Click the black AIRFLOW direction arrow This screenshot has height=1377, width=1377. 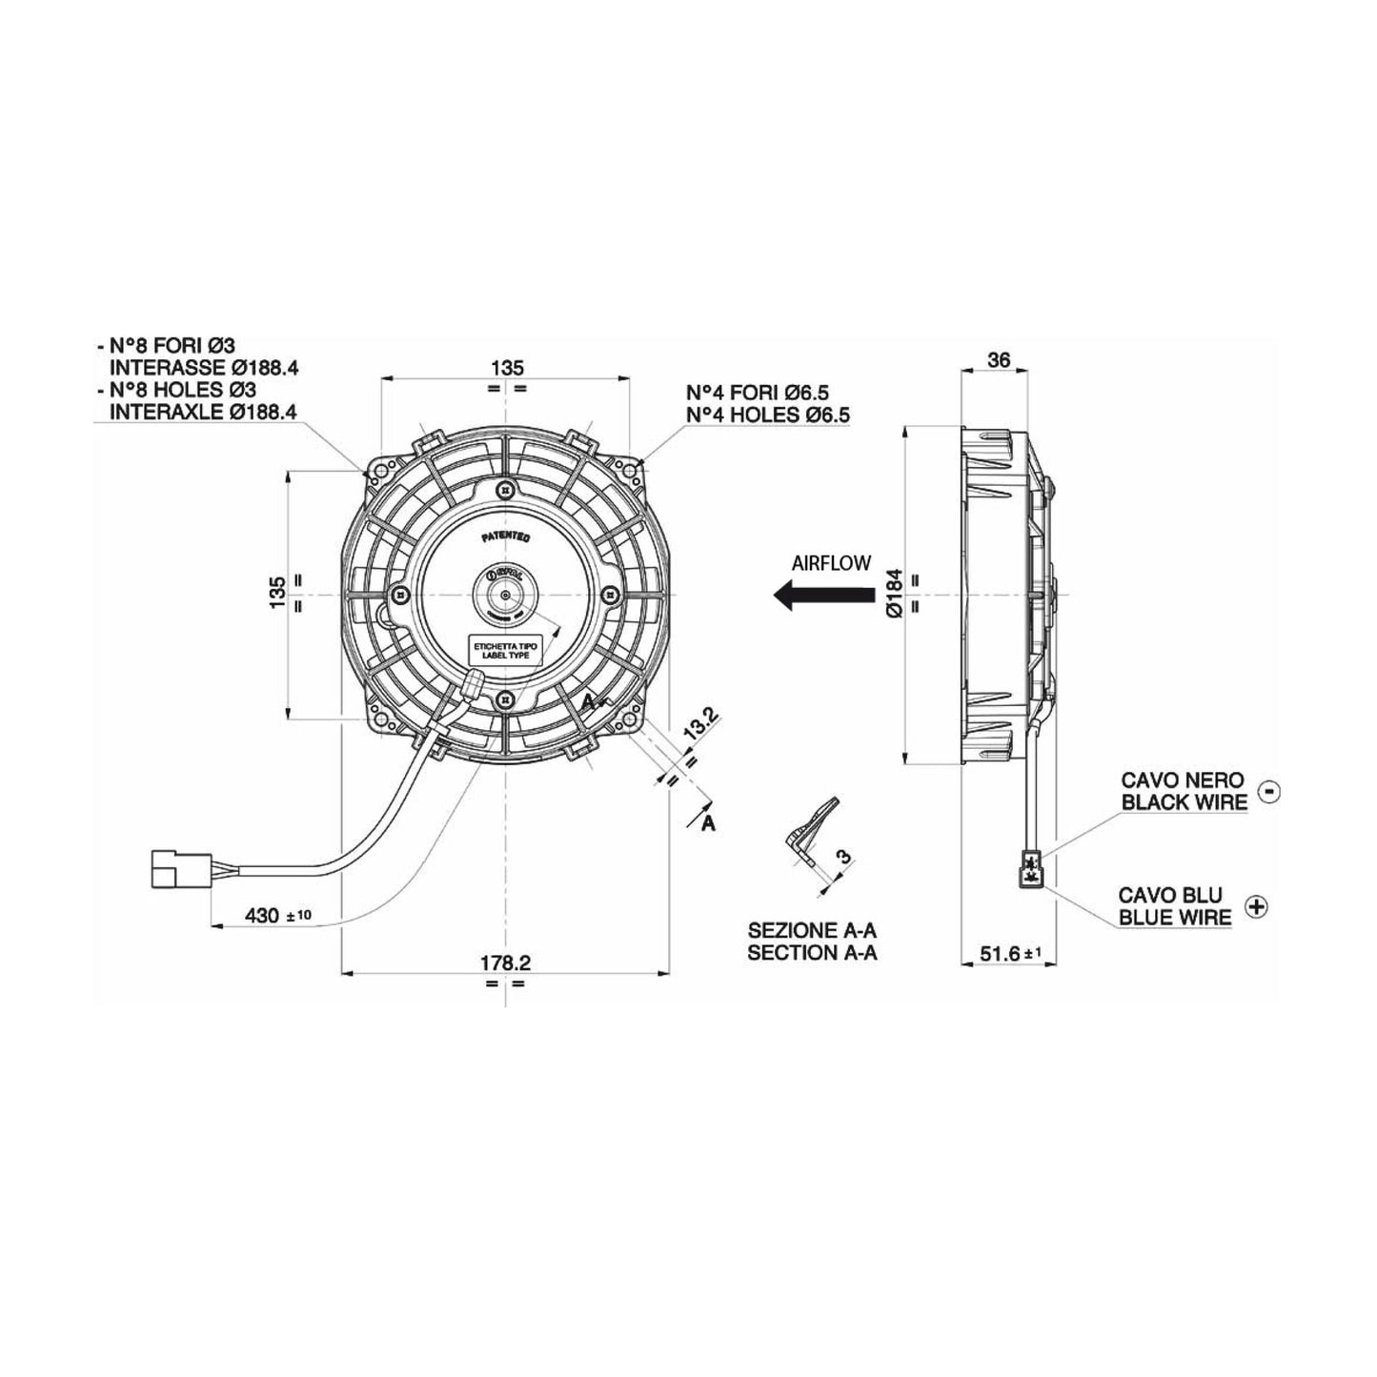(823, 597)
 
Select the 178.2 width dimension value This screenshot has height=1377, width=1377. (505, 963)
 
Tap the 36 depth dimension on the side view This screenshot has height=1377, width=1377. (998, 359)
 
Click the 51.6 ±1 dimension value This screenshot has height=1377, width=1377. (1006, 952)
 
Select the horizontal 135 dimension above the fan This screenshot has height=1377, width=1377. (506, 367)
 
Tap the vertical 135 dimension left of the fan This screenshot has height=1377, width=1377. (277, 593)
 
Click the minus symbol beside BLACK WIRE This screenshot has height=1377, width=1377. (1268, 790)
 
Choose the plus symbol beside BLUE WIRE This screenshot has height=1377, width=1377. (1257, 906)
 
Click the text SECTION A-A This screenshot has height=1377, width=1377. (812, 953)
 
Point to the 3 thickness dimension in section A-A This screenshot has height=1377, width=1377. (841, 856)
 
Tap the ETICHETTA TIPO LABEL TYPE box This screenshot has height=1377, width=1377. (506, 651)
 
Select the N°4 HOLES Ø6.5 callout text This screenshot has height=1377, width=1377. (768, 415)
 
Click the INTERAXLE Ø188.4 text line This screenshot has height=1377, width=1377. (204, 412)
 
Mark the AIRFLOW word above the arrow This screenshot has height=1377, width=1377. (831, 563)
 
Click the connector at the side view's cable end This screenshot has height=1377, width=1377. (1031, 868)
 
